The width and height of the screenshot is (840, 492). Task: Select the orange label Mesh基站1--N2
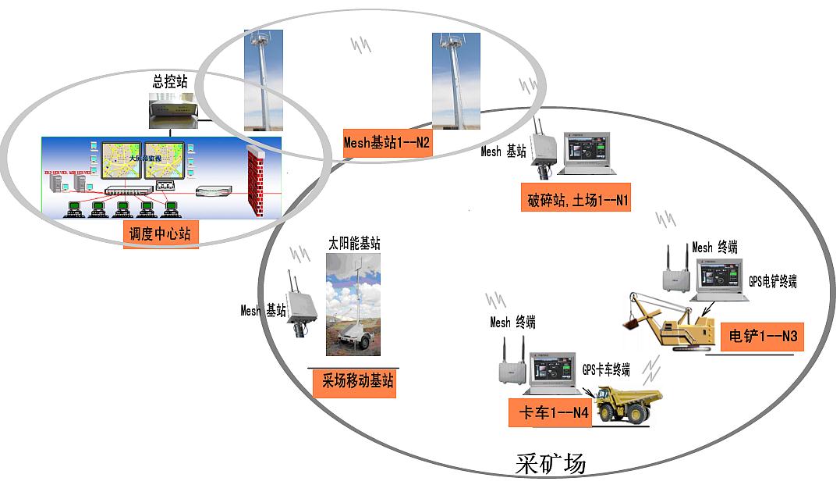pos(388,144)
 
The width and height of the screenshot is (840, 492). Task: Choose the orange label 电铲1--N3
pos(760,337)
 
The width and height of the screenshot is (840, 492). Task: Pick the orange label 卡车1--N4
pos(550,413)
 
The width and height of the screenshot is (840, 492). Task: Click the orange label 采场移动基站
pos(353,383)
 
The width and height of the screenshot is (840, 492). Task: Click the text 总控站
pos(169,80)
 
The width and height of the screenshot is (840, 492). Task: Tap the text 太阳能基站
pos(354,244)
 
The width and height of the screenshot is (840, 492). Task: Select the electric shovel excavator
pos(672,324)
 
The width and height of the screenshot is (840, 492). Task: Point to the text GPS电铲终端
pos(772,281)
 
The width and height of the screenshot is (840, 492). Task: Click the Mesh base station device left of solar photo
pos(298,305)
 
